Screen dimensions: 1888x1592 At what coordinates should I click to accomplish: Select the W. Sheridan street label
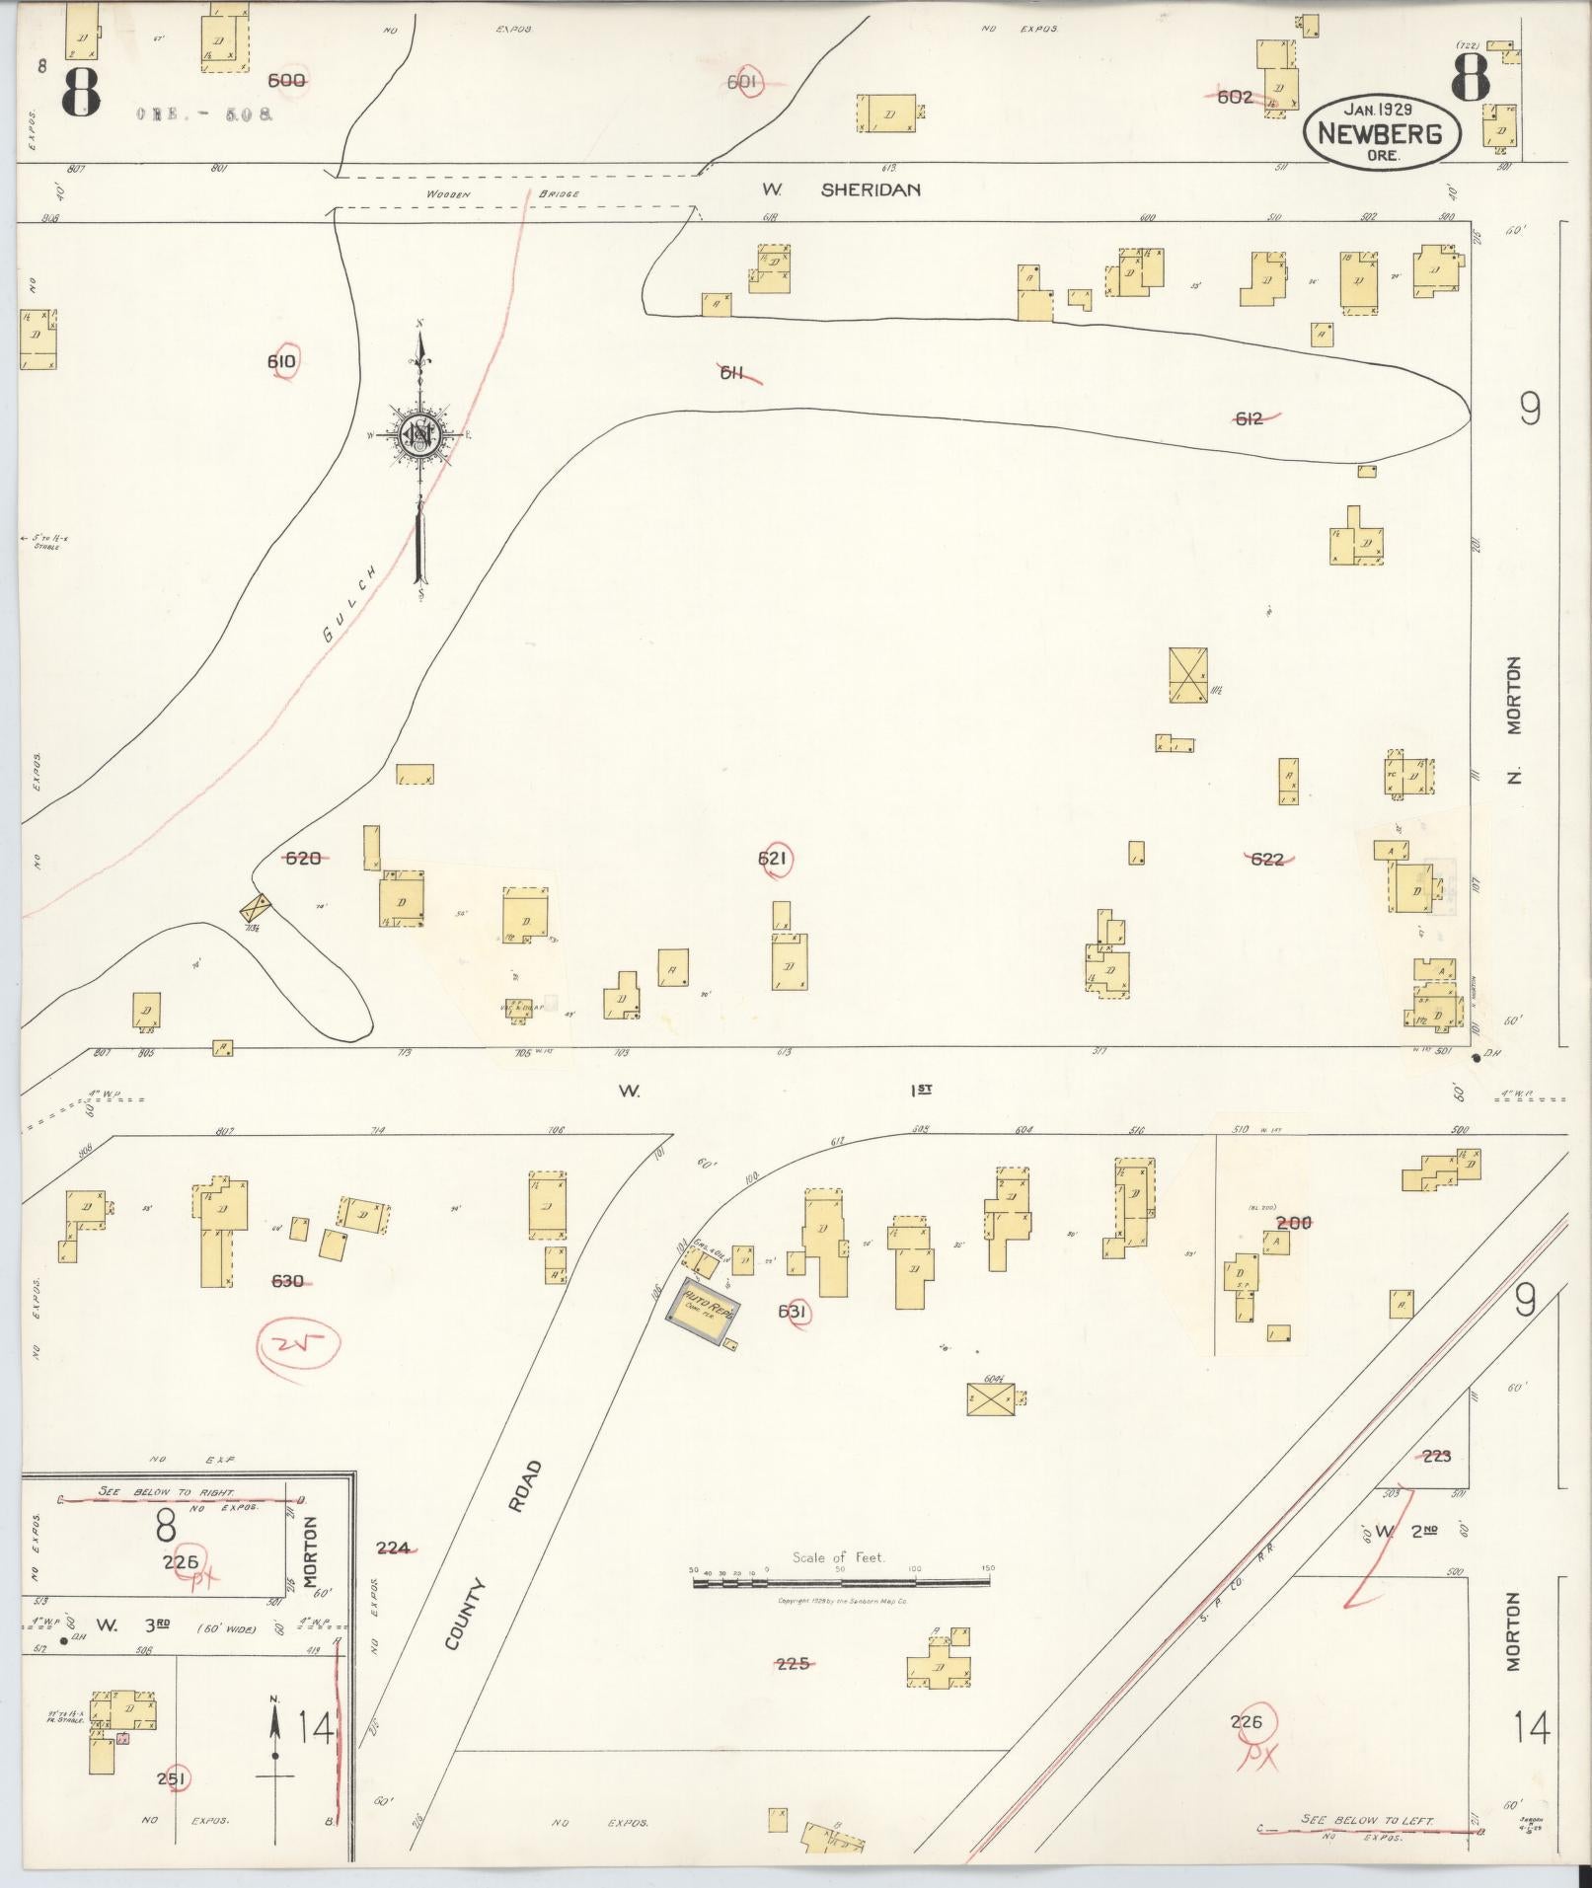click(x=842, y=189)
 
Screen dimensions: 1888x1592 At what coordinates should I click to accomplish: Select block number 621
click(x=772, y=860)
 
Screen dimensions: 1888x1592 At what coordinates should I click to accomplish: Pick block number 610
click(x=281, y=362)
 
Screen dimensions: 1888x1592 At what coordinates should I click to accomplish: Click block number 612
click(x=1249, y=418)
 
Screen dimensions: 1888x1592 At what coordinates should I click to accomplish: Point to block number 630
click(x=287, y=1281)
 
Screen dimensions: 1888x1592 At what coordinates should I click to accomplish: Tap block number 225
click(x=793, y=1663)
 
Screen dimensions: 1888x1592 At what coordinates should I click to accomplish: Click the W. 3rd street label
click(x=133, y=1624)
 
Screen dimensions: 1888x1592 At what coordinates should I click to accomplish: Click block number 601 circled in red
click(x=741, y=83)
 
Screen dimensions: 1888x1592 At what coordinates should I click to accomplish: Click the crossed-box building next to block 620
click(x=257, y=906)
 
